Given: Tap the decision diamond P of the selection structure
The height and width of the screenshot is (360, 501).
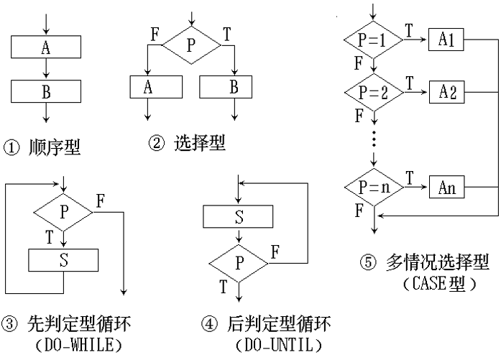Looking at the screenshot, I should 190,45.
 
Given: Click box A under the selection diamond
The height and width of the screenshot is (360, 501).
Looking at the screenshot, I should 147,87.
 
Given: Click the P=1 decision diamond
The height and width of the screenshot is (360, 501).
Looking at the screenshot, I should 372,40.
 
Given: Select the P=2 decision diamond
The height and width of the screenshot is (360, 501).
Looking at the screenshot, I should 372,92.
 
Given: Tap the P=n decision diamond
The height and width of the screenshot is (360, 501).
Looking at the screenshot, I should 372,189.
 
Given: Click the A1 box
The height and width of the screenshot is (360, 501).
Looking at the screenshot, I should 446,40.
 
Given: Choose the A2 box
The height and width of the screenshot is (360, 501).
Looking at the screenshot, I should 446,92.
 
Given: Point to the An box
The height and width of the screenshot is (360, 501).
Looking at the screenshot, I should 446,189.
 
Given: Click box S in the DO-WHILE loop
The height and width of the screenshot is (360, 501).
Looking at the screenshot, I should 63,259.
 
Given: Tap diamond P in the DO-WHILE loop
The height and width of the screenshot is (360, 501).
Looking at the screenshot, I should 63,212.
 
